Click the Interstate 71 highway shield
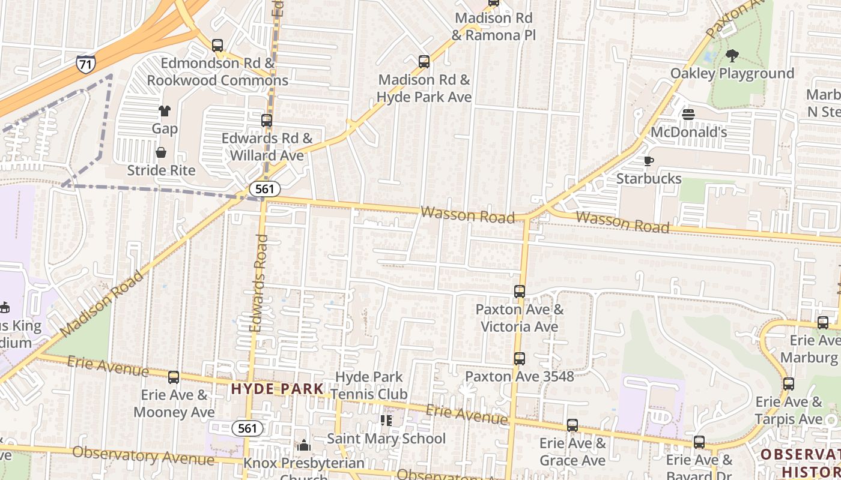(x=85, y=64)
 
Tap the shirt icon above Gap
(x=164, y=110)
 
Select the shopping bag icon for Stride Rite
(x=161, y=152)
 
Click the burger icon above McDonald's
(x=688, y=114)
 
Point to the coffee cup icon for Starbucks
(x=648, y=161)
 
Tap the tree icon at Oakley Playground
(x=732, y=56)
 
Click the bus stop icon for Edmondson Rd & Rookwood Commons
(x=217, y=45)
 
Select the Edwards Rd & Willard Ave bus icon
(x=267, y=121)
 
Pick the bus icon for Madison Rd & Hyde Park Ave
(x=424, y=61)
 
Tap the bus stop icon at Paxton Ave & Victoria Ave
(x=520, y=292)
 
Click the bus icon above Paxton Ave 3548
(x=520, y=359)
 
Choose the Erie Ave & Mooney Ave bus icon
(x=174, y=377)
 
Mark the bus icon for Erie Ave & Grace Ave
(x=572, y=425)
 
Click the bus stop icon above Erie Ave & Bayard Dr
(x=699, y=442)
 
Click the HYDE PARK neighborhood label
(x=278, y=389)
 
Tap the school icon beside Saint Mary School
(x=386, y=421)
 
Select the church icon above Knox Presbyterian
(x=304, y=445)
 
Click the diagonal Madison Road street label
(x=103, y=303)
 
